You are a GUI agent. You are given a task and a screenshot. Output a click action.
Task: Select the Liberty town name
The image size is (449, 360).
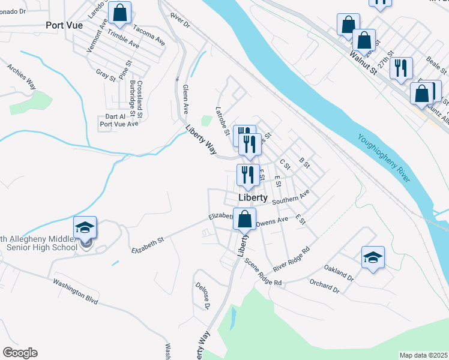click(253, 197)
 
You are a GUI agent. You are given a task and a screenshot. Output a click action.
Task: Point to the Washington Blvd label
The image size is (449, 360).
click(74, 291)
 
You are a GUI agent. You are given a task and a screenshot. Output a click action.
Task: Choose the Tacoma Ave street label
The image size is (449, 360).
click(149, 35)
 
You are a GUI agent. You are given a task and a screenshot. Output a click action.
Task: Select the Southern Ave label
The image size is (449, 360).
click(290, 197)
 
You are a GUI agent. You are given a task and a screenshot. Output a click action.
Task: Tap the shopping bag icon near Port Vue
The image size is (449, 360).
click(120, 13)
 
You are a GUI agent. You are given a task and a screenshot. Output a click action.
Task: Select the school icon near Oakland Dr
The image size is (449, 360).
click(373, 257)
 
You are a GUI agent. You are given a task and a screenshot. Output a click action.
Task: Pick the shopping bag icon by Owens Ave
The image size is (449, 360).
click(244, 219)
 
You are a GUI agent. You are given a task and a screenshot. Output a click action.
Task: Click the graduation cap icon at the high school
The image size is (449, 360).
click(85, 227)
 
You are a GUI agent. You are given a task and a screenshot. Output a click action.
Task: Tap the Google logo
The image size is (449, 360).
click(20, 353)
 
